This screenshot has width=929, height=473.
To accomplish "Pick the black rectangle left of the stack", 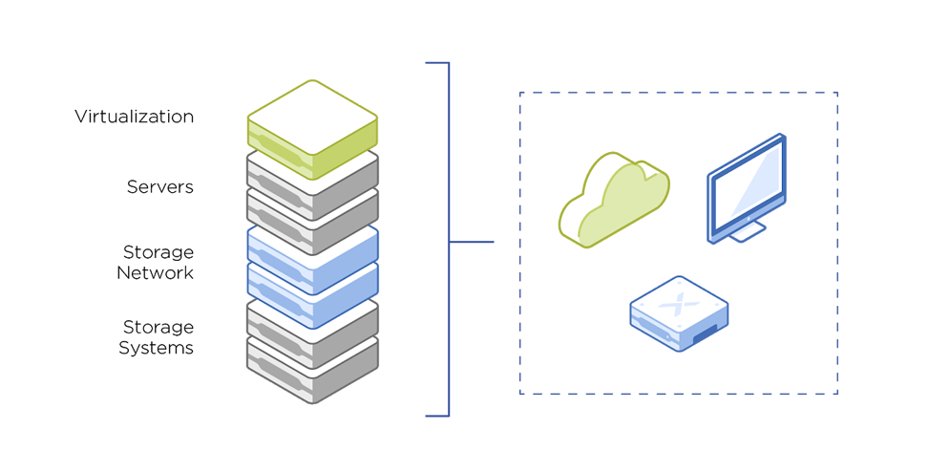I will coord(143,239).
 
